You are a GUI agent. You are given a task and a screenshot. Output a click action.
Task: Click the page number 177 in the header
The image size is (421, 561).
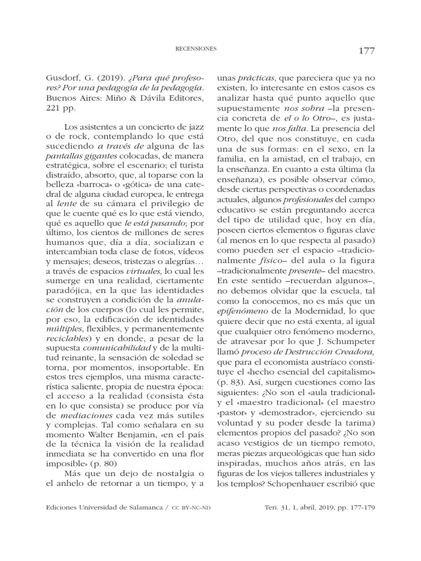tap(367, 51)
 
